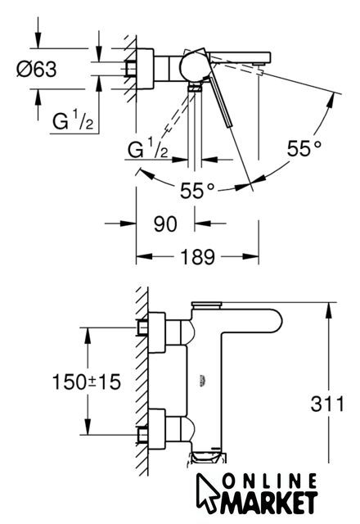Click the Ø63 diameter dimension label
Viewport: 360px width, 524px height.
(37, 70)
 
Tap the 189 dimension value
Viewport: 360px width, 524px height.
(197, 257)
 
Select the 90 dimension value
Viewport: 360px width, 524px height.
(165, 224)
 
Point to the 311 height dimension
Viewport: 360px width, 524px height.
(327, 404)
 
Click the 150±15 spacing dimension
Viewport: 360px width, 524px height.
(86, 382)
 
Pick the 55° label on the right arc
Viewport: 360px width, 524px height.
(304, 148)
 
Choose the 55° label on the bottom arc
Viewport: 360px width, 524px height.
(197, 191)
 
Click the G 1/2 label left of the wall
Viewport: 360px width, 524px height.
(73, 120)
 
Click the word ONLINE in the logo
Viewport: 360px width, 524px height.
(269, 482)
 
